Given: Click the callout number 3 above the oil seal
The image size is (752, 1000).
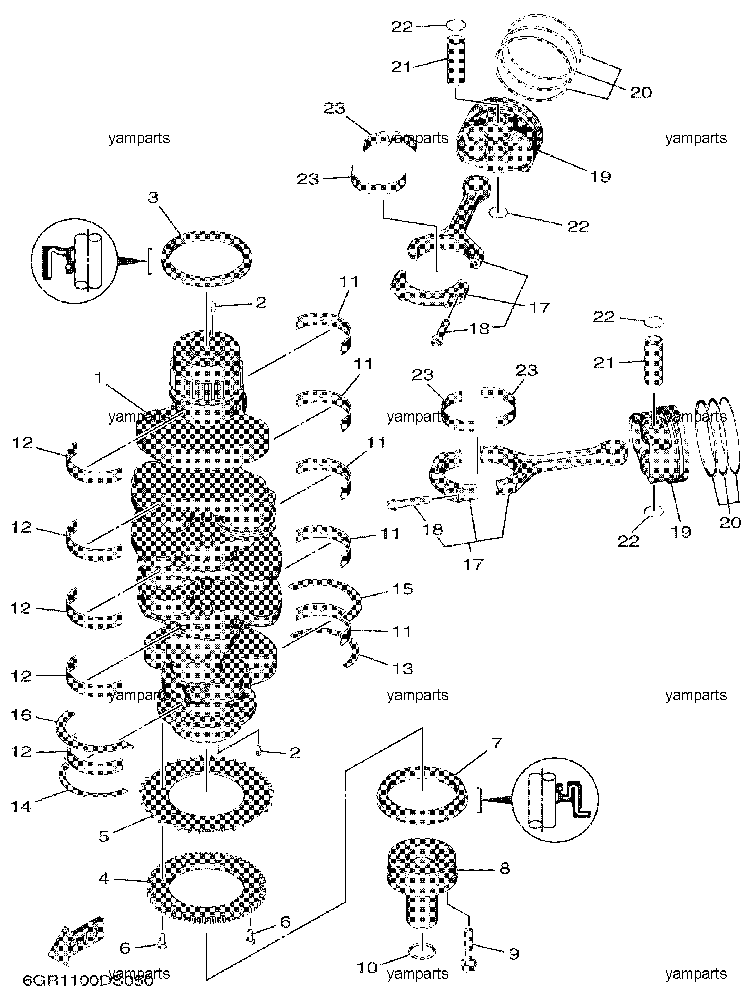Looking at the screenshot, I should point(153,197).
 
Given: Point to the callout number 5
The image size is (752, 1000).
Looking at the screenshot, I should point(104,836).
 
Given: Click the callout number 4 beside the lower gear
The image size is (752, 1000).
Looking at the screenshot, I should point(104,879).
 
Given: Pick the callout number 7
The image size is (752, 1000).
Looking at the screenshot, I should point(496,743).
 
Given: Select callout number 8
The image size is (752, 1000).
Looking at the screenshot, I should point(504,868).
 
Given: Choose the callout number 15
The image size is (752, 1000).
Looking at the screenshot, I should point(403,589).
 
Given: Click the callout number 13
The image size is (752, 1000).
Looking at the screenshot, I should point(403,667).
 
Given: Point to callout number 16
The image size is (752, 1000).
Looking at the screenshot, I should point(22,714).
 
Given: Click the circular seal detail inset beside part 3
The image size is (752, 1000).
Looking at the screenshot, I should point(74,259).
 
